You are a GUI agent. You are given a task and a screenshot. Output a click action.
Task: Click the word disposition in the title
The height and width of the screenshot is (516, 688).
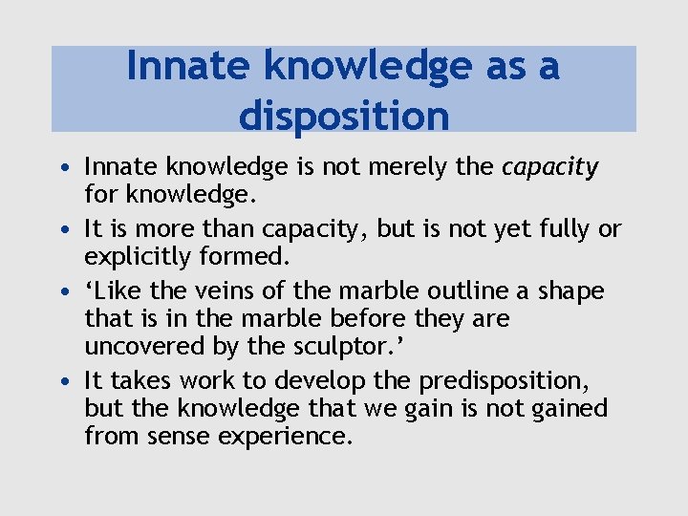344,115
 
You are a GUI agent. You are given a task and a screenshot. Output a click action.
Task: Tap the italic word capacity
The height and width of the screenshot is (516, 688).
550,168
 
